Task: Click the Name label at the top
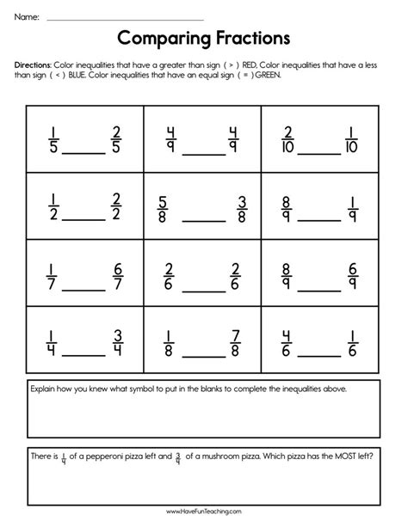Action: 26,15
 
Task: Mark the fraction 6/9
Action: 351,273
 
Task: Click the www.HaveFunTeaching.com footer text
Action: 203,513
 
